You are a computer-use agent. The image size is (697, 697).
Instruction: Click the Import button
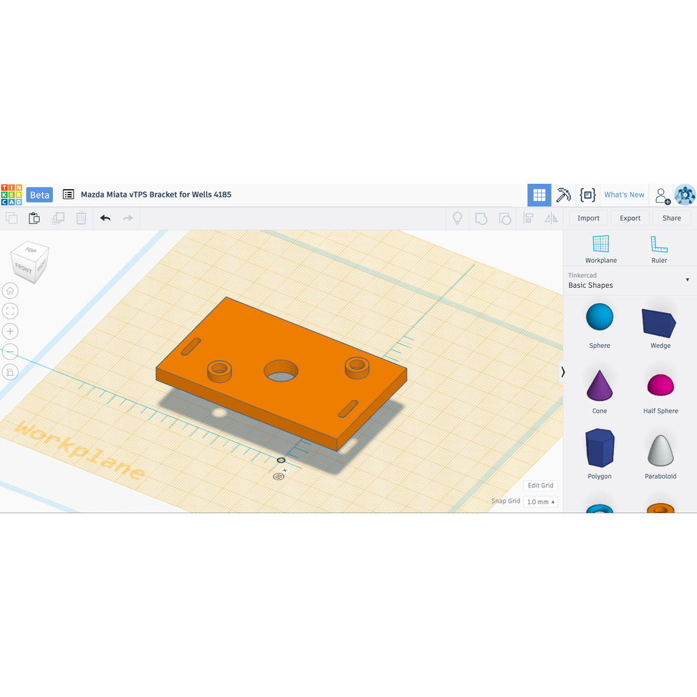point(588,218)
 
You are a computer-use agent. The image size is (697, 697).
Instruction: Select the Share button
point(671,218)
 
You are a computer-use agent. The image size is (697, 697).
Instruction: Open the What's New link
point(624,195)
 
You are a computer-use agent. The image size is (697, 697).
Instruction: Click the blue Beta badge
point(39,195)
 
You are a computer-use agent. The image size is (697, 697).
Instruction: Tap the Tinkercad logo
point(12,195)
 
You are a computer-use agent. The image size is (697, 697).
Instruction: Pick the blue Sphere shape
point(599,317)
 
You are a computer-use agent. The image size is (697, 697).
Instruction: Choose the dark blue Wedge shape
point(659,322)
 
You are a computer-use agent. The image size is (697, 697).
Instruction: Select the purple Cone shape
point(599,385)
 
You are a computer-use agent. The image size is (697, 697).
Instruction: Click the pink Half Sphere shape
point(660,385)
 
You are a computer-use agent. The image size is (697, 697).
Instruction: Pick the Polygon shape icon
point(600,448)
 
